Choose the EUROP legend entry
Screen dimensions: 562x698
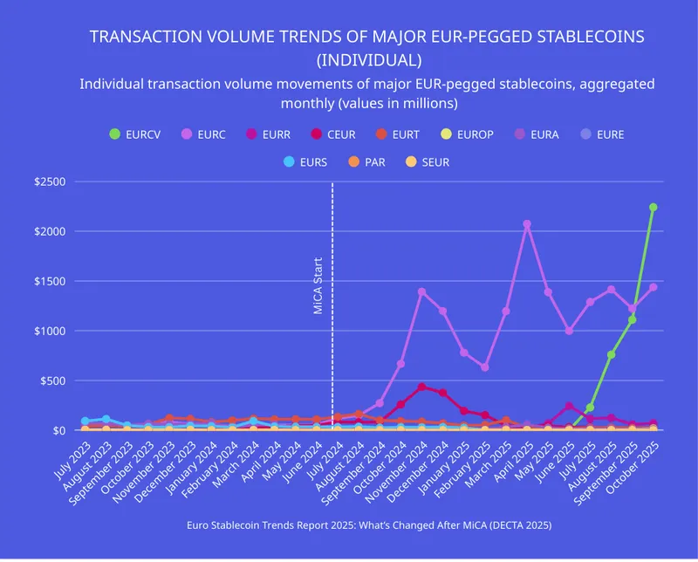coord(468,134)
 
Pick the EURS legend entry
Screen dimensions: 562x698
coord(305,161)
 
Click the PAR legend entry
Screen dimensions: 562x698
coord(370,161)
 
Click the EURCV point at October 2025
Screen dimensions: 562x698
coord(653,208)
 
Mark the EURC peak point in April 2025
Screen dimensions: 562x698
coord(527,224)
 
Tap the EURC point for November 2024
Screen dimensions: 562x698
coord(422,291)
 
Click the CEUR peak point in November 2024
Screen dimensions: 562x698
coord(422,387)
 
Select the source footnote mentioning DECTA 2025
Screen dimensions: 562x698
coord(368,525)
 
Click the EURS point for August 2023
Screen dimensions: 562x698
coord(106,420)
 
